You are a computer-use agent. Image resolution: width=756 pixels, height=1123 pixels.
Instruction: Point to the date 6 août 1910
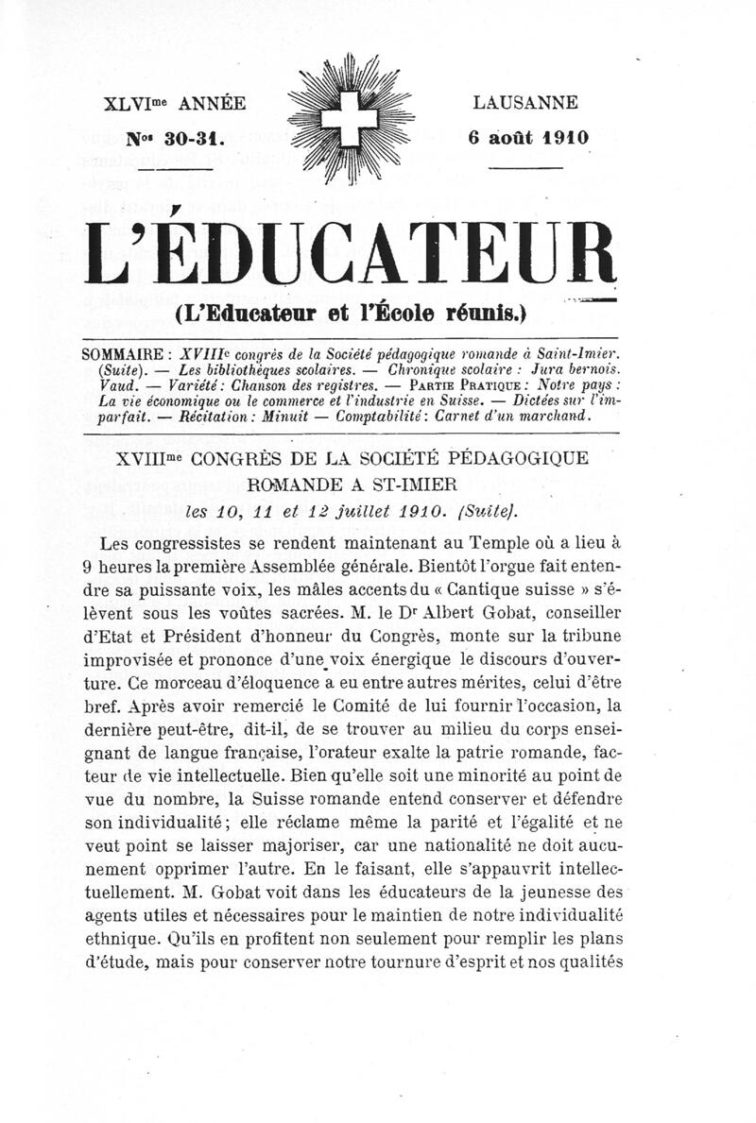[x=528, y=136]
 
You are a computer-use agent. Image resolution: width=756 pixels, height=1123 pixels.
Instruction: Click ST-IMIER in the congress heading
[x=411, y=485]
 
